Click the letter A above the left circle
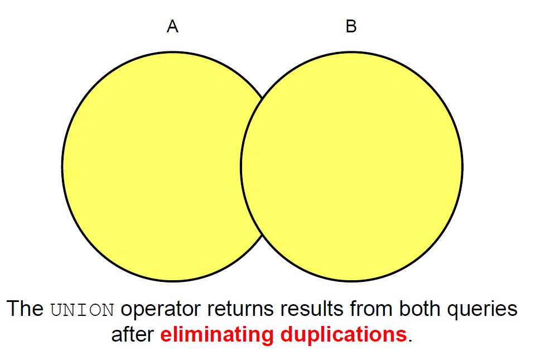click(x=172, y=26)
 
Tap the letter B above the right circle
click(x=351, y=26)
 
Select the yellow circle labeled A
click(x=152, y=167)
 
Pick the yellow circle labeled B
click(x=351, y=167)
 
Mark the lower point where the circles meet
click(x=262, y=236)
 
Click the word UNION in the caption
click(x=82, y=310)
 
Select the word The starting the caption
click(x=25, y=308)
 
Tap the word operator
click(x=160, y=309)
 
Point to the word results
click(x=312, y=309)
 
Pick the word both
click(x=419, y=309)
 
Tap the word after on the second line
click(x=133, y=334)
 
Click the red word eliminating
click(x=216, y=335)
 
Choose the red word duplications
click(x=344, y=335)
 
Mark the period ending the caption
click(x=410, y=340)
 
